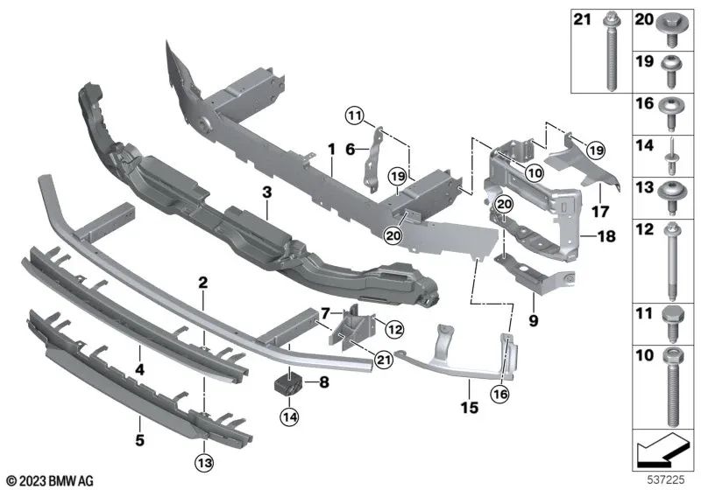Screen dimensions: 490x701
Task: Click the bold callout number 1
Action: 331,150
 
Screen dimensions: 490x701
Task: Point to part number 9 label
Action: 534,321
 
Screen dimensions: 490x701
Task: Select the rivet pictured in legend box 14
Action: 671,153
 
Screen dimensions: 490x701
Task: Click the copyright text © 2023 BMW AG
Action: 50,480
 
